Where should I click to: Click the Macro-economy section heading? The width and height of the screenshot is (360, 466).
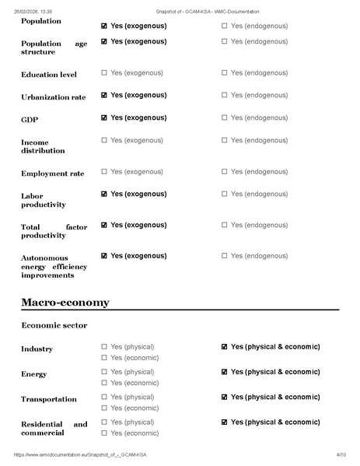65,302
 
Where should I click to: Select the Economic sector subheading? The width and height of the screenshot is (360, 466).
54,325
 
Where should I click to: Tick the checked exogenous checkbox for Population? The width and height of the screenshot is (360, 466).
104,26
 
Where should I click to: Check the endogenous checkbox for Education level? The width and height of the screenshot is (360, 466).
225,73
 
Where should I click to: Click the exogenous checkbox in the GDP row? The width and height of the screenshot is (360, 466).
104,118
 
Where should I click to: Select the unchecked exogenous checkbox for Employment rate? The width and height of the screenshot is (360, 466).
104,171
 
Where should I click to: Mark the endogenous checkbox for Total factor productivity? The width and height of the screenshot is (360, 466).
225,225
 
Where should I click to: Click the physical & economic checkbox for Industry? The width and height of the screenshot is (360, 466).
225,347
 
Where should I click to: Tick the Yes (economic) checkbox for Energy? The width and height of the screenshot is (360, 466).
104,383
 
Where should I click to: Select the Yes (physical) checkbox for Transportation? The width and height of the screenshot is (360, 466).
104,397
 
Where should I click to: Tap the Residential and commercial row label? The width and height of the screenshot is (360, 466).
54,428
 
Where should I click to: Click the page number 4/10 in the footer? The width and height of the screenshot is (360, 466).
341,454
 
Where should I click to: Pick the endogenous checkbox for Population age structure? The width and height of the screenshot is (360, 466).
225,41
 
